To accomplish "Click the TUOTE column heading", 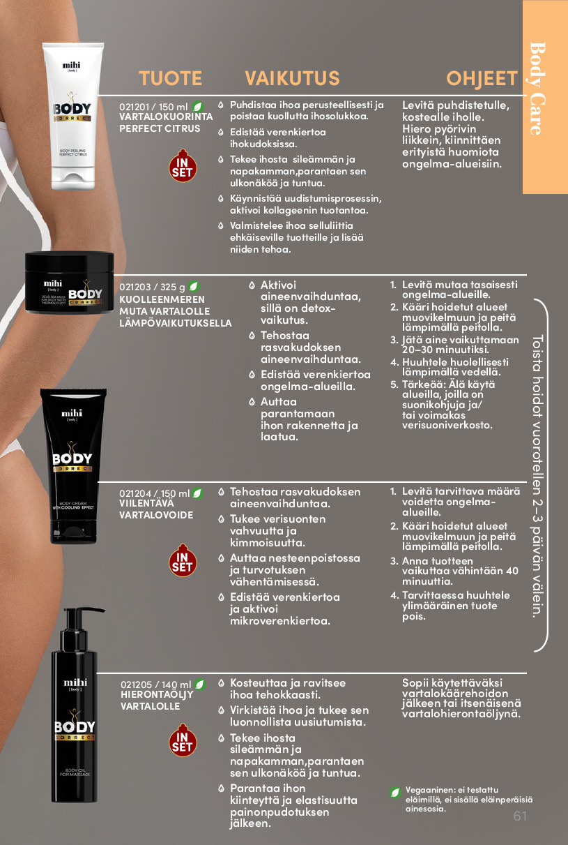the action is (171, 78).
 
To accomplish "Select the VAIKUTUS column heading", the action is (292, 78).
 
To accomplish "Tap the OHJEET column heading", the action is (482, 78).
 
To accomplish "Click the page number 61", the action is (520, 816).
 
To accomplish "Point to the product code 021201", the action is (135, 107).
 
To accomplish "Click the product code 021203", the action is (135, 287).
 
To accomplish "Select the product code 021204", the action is (135, 493).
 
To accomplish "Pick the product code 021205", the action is (136, 685).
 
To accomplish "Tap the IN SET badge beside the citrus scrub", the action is (183, 166).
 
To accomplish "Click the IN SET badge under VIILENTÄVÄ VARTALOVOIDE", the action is (183, 560).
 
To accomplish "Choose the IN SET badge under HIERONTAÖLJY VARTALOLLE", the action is (183, 740).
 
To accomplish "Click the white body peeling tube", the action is (73, 116).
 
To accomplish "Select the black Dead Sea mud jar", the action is (69, 282).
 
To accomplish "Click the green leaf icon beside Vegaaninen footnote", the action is (395, 793).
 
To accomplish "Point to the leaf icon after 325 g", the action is (194, 287).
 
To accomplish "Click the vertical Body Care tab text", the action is (537, 89).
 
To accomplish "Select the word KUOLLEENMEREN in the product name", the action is (162, 299).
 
